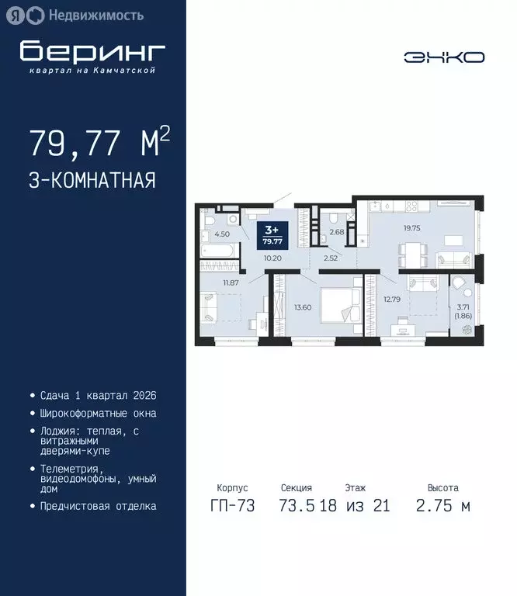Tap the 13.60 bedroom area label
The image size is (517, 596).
304,307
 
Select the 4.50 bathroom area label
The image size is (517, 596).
221,234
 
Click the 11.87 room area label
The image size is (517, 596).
230,282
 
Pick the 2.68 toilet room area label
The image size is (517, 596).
336,232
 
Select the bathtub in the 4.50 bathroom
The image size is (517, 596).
220,253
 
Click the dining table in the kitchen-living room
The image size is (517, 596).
410,251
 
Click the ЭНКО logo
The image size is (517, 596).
443,57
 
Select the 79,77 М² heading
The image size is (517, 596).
99,143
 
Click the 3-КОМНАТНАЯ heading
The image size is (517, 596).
92,181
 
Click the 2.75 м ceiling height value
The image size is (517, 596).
442,506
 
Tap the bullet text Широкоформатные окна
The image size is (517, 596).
98,414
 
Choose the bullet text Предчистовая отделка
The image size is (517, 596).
98,506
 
